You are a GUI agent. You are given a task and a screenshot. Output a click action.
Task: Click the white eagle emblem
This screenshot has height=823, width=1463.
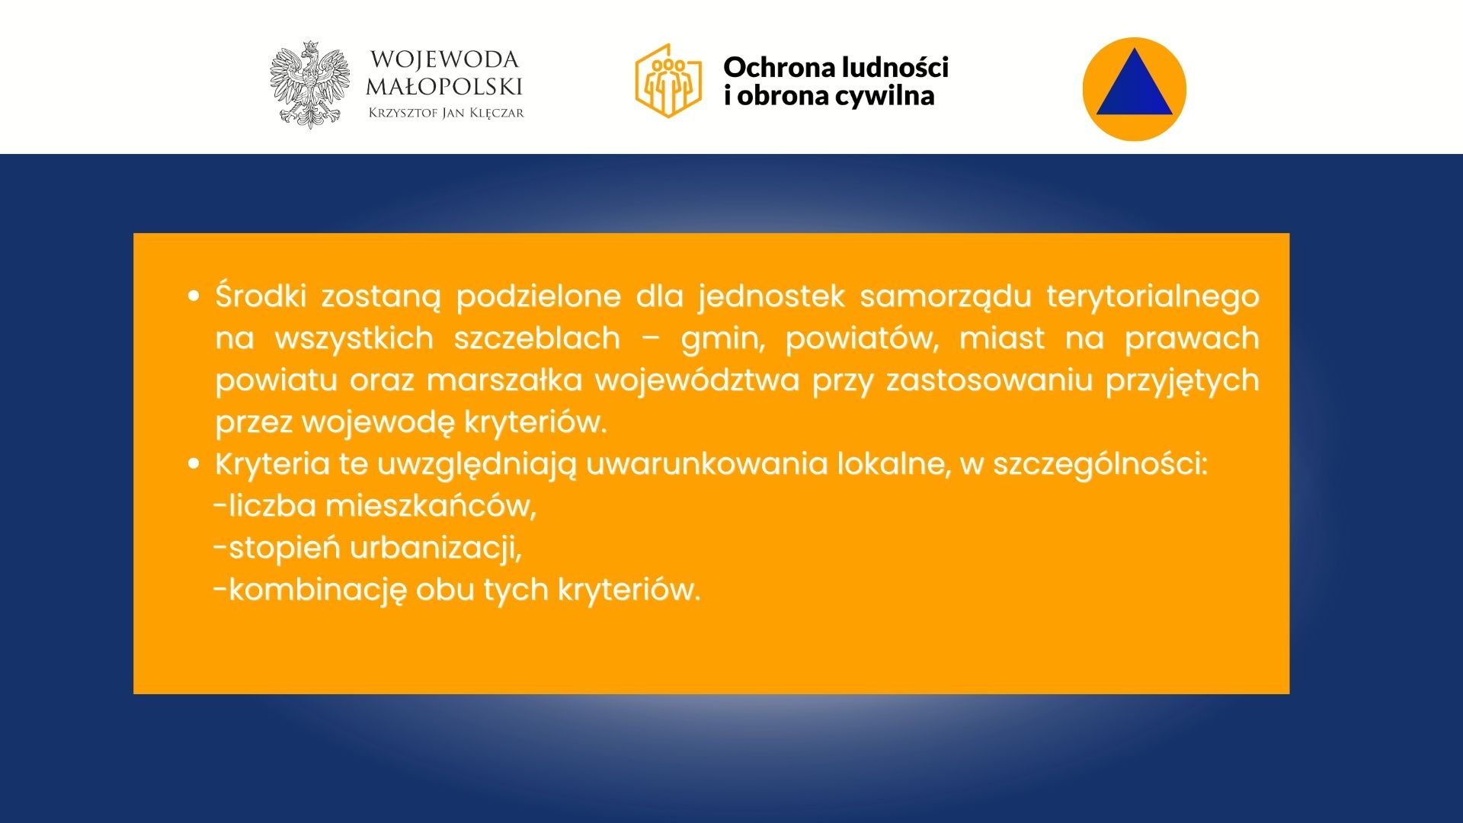click(310, 85)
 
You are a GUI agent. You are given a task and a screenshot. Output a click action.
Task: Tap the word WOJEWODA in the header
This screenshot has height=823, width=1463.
click(444, 59)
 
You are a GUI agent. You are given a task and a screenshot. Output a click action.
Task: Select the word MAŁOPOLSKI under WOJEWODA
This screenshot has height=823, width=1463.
click(444, 86)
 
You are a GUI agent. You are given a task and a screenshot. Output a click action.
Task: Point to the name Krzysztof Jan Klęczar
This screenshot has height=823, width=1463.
click(446, 113)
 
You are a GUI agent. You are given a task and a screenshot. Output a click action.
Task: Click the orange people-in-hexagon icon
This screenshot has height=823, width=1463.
click(668, 81)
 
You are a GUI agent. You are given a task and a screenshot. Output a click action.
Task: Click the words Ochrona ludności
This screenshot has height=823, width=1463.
click(836, 67)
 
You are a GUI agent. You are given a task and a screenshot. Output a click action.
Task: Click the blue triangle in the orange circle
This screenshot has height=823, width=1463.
click(1134, 82)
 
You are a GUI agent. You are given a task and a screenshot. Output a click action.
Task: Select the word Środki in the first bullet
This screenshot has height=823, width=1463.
click(261, 296)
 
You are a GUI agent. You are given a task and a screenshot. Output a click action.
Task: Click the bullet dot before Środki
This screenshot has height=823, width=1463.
click(194, 296)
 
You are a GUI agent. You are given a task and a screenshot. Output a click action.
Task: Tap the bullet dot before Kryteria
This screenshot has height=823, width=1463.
click(194, 463)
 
